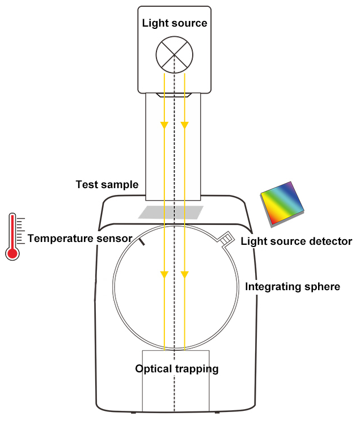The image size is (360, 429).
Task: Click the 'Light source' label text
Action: (x=175, y=23)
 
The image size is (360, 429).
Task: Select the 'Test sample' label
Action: (x=107, y=185)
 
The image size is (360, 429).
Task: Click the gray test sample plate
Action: (x=171, y=212)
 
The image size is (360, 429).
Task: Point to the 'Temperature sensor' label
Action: (x=80, y=238)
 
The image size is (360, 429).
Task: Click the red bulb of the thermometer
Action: (x=12, y=252)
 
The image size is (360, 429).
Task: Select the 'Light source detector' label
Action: (x=297, y=241)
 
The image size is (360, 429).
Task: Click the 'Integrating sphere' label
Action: (x=293, y=287)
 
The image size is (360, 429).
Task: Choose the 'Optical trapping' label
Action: (x=177, y=369)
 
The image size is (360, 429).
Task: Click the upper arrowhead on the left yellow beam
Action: (x=164, y=124)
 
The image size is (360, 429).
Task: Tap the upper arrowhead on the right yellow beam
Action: (x=184, y=124)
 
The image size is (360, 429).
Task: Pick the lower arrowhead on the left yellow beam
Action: (x=164, y=275)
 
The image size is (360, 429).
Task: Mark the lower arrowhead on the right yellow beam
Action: (x=184, y=275)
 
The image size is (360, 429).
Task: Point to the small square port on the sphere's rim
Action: (x=226, y=239)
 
